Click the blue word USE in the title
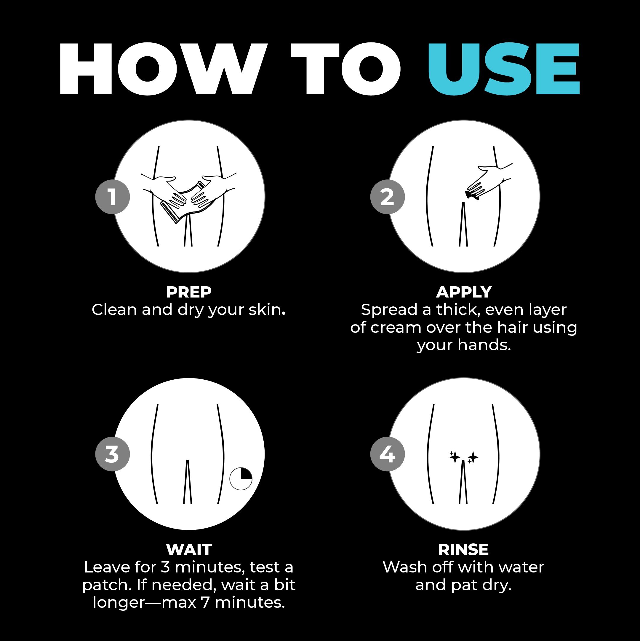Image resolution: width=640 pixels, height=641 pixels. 504,69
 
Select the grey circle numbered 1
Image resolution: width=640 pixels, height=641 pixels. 112,197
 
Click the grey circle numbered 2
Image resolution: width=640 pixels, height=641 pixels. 388,197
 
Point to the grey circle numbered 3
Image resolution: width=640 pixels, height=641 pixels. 112,454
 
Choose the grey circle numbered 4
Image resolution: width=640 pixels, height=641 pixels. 388,454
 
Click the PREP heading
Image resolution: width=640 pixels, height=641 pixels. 188,292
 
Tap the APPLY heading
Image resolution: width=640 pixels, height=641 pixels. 464,292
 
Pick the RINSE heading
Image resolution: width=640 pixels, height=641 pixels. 463,550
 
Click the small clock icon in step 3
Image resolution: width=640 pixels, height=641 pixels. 241,479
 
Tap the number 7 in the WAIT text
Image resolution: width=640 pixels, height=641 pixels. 206,602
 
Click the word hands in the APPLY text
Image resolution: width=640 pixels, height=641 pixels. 484,345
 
